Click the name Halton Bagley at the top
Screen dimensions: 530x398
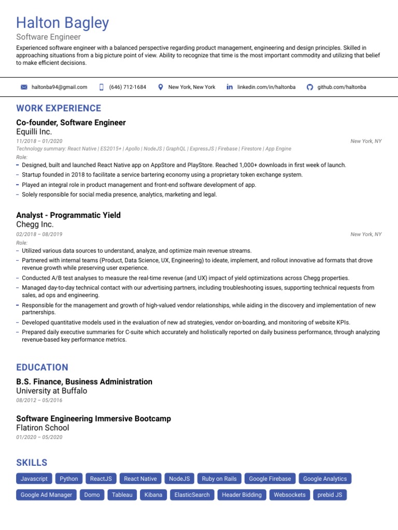tap(63, 23)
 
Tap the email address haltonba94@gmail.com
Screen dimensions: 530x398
tap(59, 87)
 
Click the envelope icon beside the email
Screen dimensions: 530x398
tap(24, 87)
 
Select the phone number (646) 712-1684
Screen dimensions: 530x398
tap(127, 87)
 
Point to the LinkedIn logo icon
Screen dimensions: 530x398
tap(230, 87)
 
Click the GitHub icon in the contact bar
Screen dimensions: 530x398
tap(310, 87)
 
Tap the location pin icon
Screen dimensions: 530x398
tap(161, 87)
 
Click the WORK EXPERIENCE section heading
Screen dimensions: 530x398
tap(59, 108)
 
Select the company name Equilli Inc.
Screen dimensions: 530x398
tap(34, 132)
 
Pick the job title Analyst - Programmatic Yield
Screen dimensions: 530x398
tap(68, 215)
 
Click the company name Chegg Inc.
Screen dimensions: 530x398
tap(35, 225)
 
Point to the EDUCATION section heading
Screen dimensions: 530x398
tap(42, 367)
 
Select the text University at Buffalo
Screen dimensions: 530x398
tap(52, 391)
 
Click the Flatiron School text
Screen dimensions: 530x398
tap(42, 428)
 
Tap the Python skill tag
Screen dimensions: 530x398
tap(69, 479)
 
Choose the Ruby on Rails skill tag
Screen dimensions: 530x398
tap(219, 479)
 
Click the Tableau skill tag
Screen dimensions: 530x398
tap(122, 495)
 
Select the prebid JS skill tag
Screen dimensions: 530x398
tap(330, 495)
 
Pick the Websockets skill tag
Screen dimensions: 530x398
tap(290, 495)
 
